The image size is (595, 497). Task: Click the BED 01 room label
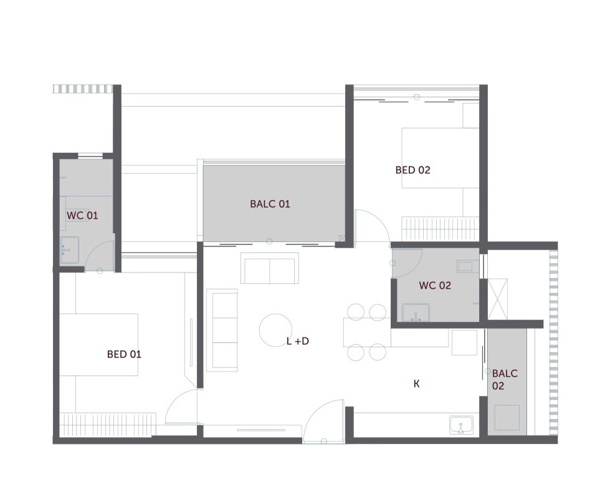(x=124, y=354)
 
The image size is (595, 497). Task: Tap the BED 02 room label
(x=412, y=170)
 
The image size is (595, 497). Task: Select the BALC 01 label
(x=270, y=204)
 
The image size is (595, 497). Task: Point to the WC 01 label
(x=82, y=215)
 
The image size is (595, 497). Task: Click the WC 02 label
(x=435, y=286)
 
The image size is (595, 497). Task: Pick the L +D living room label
(x=297, y=341)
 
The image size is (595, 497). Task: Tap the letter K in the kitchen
(x=416, y=384)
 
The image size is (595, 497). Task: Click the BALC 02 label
(x=505, y=380)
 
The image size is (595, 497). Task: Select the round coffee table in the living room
(x=276, y=329)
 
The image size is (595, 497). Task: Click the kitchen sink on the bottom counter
(x=461, y=425)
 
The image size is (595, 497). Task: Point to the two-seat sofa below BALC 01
(x=270, y=268)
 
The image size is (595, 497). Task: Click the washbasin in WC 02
(x=416, y=312)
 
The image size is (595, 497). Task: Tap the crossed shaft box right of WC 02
(x=498, y=299)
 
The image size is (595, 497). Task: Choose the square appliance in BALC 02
(x=507, y=417)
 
